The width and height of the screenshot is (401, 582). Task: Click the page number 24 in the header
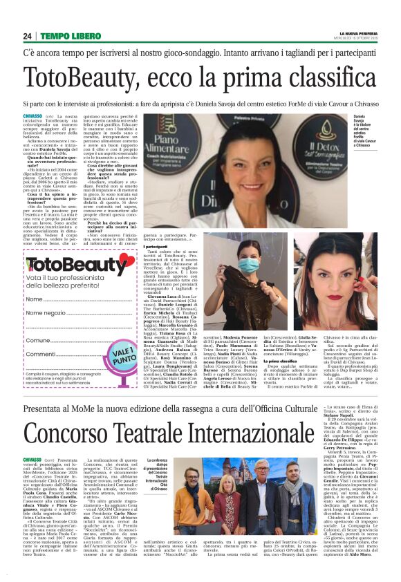[x=28, y=36]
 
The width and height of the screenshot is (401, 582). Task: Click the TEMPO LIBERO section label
[x=68, y=36]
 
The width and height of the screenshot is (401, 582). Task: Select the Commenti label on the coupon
[x=41, y=354]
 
